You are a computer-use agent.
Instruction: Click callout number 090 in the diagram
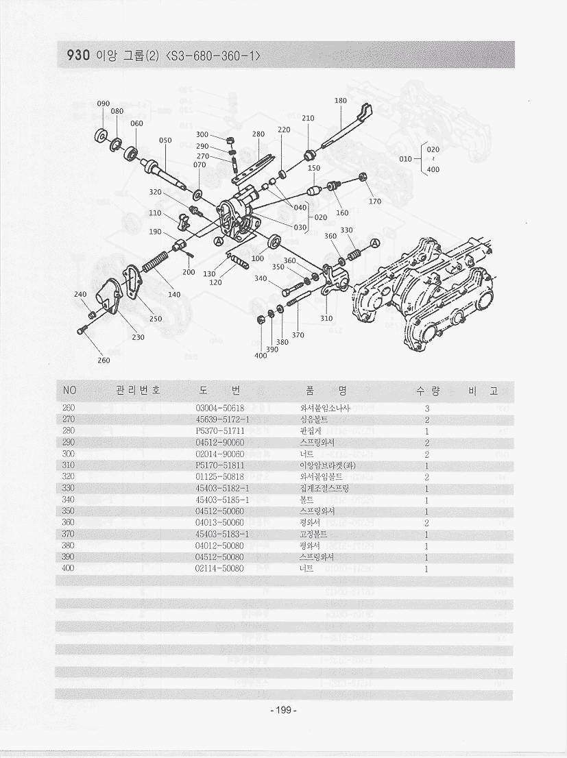click(104, 103)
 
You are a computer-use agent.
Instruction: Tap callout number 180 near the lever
click(341, 101)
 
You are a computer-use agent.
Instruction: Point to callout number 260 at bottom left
click(104, 360)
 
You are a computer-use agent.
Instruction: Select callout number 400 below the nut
click(261, 356)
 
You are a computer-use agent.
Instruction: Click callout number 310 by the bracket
click(326, 318)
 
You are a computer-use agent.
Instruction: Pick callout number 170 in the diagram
click(374, 201)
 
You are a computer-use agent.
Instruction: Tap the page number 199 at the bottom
click(283, 710)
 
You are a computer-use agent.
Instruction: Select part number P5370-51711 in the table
click(220, 431)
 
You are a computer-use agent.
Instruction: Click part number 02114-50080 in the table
click(219, 568)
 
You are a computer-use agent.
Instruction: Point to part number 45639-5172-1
click(221, 419)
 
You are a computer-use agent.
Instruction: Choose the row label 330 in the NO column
click(69, 488)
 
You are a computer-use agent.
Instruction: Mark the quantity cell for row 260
click(426, 408)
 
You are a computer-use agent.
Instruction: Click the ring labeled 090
click(103, 134)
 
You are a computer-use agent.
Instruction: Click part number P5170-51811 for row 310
click(220, 465)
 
